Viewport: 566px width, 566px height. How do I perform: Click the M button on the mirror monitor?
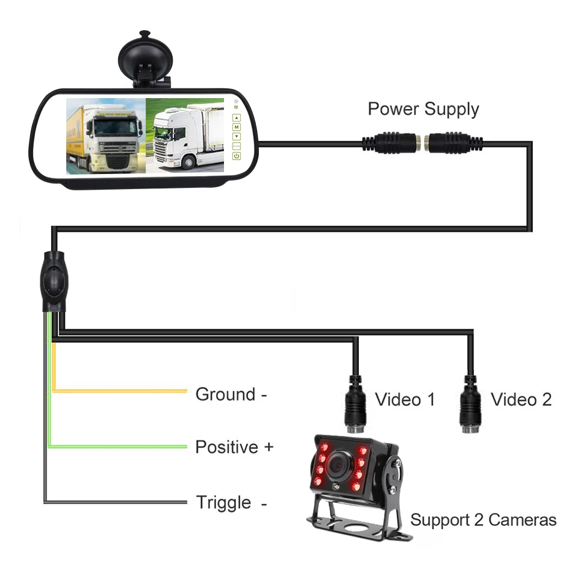pos(237,128)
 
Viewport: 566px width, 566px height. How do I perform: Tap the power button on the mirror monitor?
pos(237,157)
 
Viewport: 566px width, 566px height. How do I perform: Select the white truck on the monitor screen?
pos(184,135)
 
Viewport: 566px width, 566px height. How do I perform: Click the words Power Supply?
pos(423,109)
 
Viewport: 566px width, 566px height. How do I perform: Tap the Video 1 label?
pos(405,399)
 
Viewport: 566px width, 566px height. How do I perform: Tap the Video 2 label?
pos(521,399)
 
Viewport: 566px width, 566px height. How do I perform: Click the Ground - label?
pos(231,394)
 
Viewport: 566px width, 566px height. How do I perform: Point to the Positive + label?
pos(234,447)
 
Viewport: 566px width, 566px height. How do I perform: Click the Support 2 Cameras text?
pos(483,520)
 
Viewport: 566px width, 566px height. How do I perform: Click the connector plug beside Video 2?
pos(470,400)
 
